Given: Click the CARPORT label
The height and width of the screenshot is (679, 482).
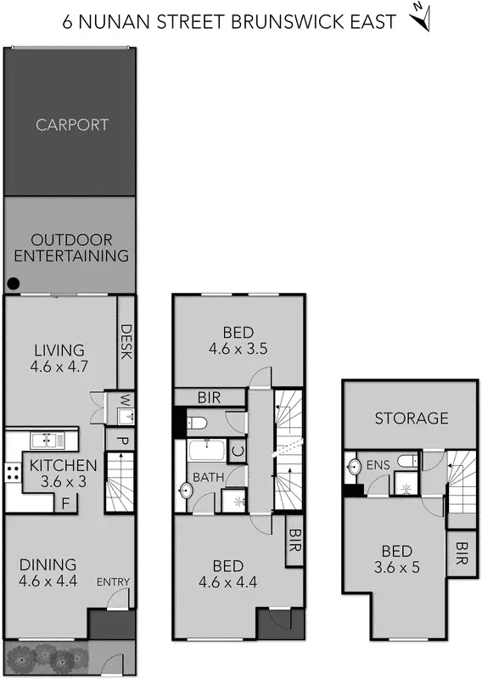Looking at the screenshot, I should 72,125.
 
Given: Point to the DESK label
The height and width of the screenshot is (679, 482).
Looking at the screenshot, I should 126,341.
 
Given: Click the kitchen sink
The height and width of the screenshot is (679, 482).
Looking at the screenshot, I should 42,440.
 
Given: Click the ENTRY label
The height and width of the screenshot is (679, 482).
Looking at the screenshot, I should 113,581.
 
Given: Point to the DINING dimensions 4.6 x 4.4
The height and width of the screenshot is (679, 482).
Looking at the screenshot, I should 48,582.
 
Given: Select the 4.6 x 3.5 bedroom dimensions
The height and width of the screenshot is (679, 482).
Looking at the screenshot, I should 238,348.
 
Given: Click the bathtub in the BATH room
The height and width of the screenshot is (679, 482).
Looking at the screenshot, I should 206,451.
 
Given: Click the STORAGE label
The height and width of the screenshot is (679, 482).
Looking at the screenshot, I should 412,418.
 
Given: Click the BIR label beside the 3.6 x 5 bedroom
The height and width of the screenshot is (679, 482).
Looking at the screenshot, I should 462,553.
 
